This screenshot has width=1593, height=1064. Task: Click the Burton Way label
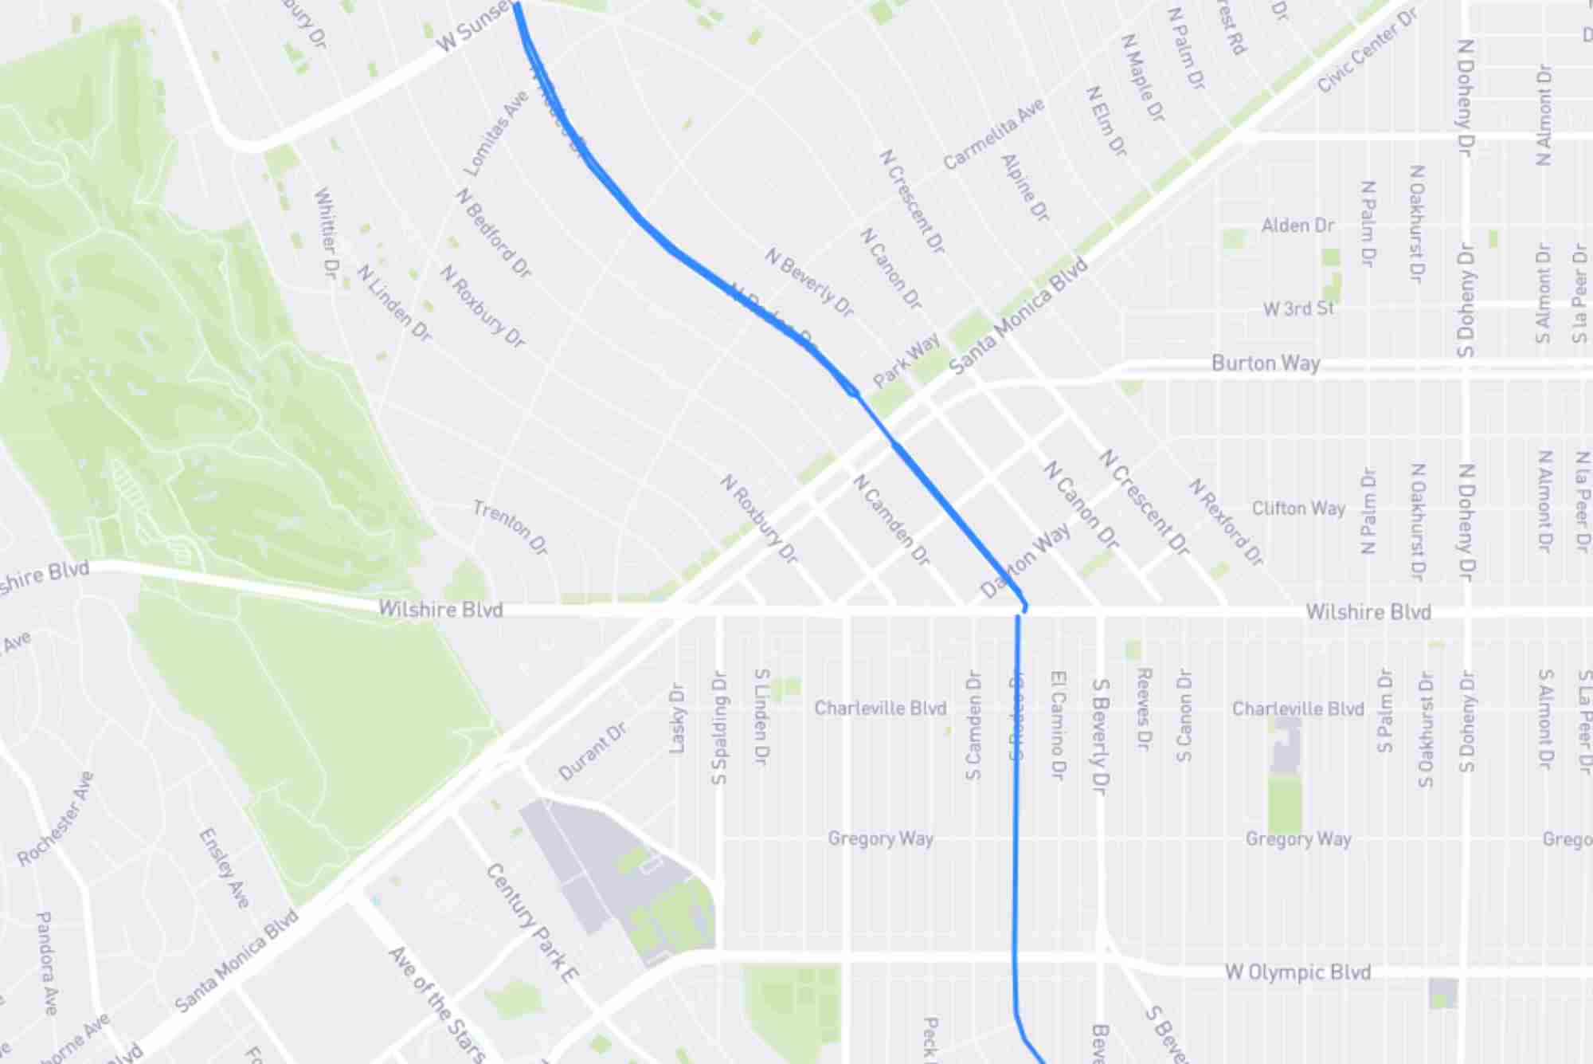click(1266, 363)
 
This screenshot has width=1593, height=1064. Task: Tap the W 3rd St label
click(1298, 308)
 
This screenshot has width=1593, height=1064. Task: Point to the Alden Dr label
click(1297, 226)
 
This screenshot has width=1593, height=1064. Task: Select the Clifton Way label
click(1298, 508)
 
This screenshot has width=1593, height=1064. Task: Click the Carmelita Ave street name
click(993, 134)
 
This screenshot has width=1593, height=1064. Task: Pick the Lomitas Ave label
click(495, 134)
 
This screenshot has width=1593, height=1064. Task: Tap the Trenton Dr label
click(511, 527)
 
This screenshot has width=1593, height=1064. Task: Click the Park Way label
click(906, 360)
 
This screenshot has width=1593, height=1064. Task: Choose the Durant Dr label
click(592, 752)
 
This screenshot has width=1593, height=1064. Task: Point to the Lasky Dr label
click(677, 717)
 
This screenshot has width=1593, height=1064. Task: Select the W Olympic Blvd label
click(1297, 972)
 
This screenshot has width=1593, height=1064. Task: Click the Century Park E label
click(532, 922)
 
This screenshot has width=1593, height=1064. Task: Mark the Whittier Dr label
click(327, 232)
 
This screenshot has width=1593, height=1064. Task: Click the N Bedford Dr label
click(493, 233)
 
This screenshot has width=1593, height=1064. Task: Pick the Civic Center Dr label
click(1367, 50)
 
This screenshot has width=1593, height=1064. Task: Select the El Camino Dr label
click(1058, 724)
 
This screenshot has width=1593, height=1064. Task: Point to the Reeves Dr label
click(1143, 708)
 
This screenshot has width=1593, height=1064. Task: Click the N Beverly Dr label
click(808, 281)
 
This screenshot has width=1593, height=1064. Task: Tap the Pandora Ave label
click(47, 963)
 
